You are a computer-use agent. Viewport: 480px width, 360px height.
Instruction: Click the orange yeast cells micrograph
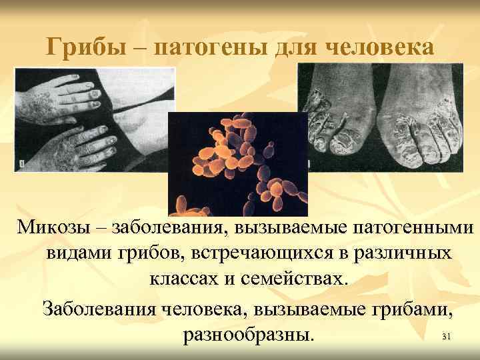pos(237,164)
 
